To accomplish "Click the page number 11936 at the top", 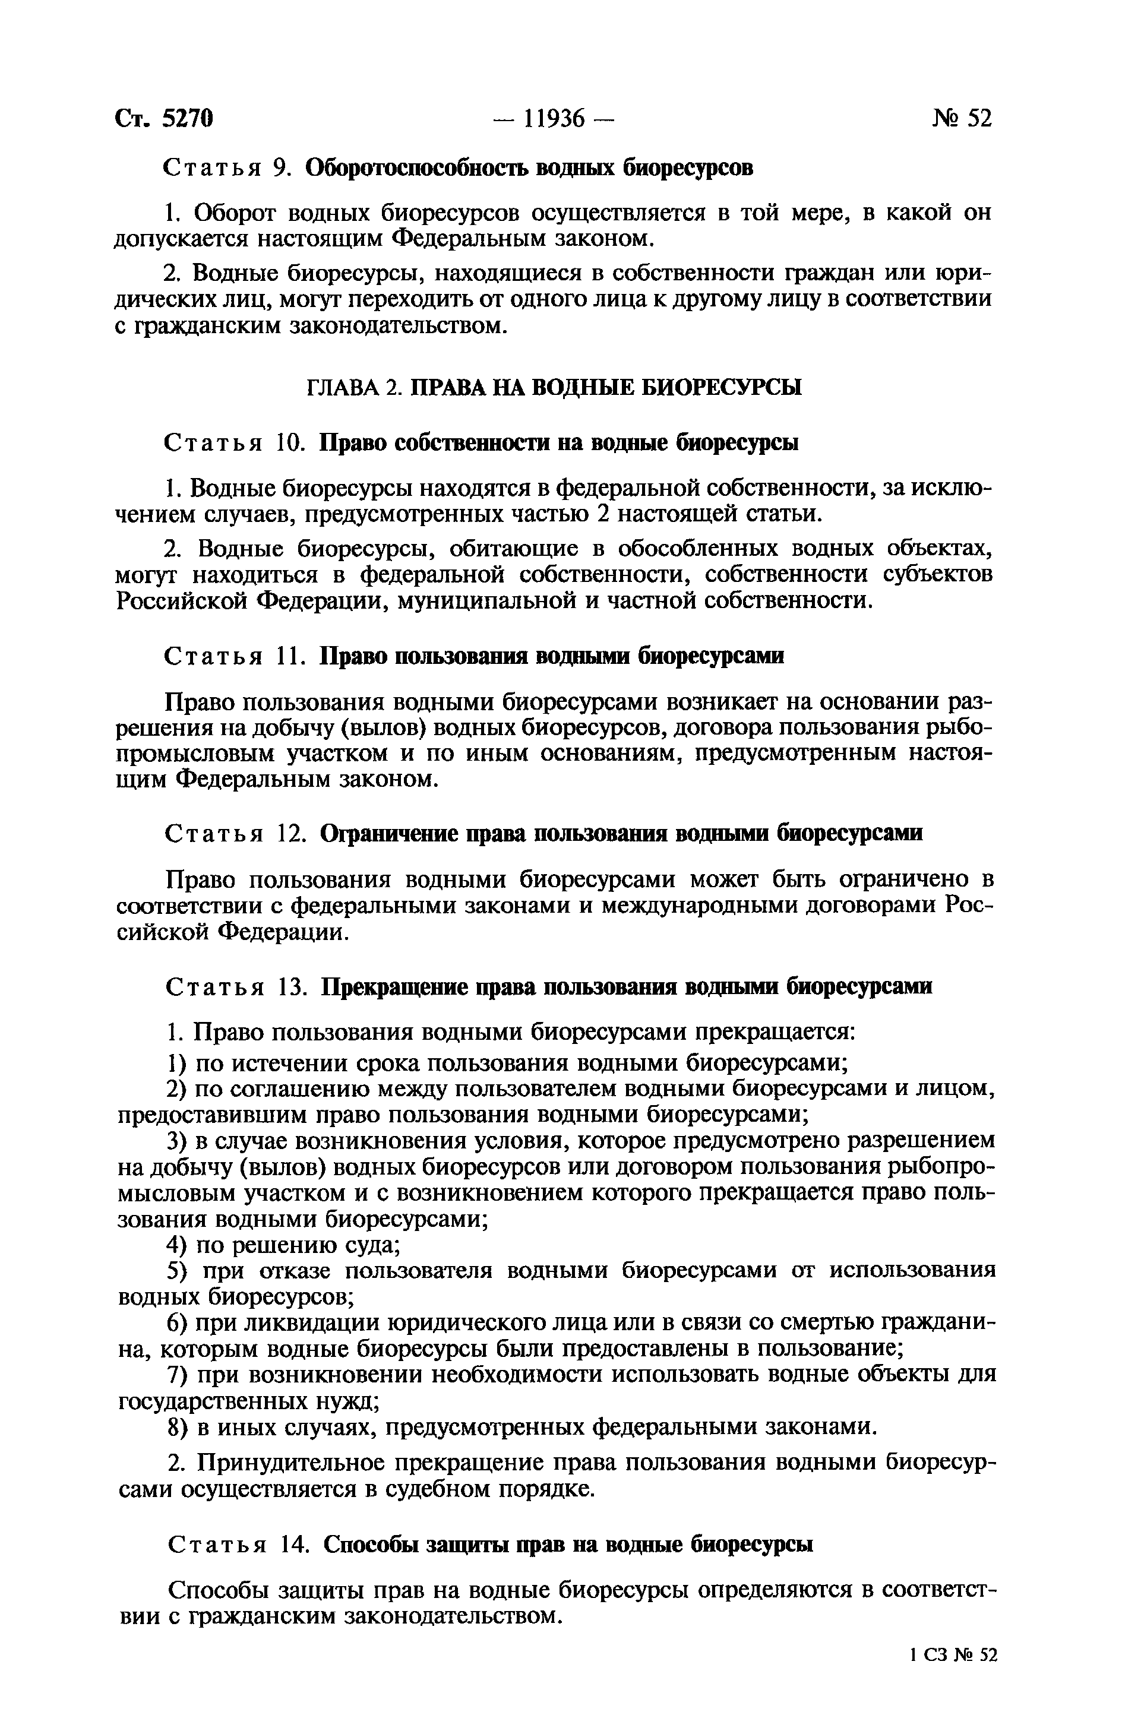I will pos(554,118).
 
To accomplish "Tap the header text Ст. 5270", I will pos(164,118).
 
